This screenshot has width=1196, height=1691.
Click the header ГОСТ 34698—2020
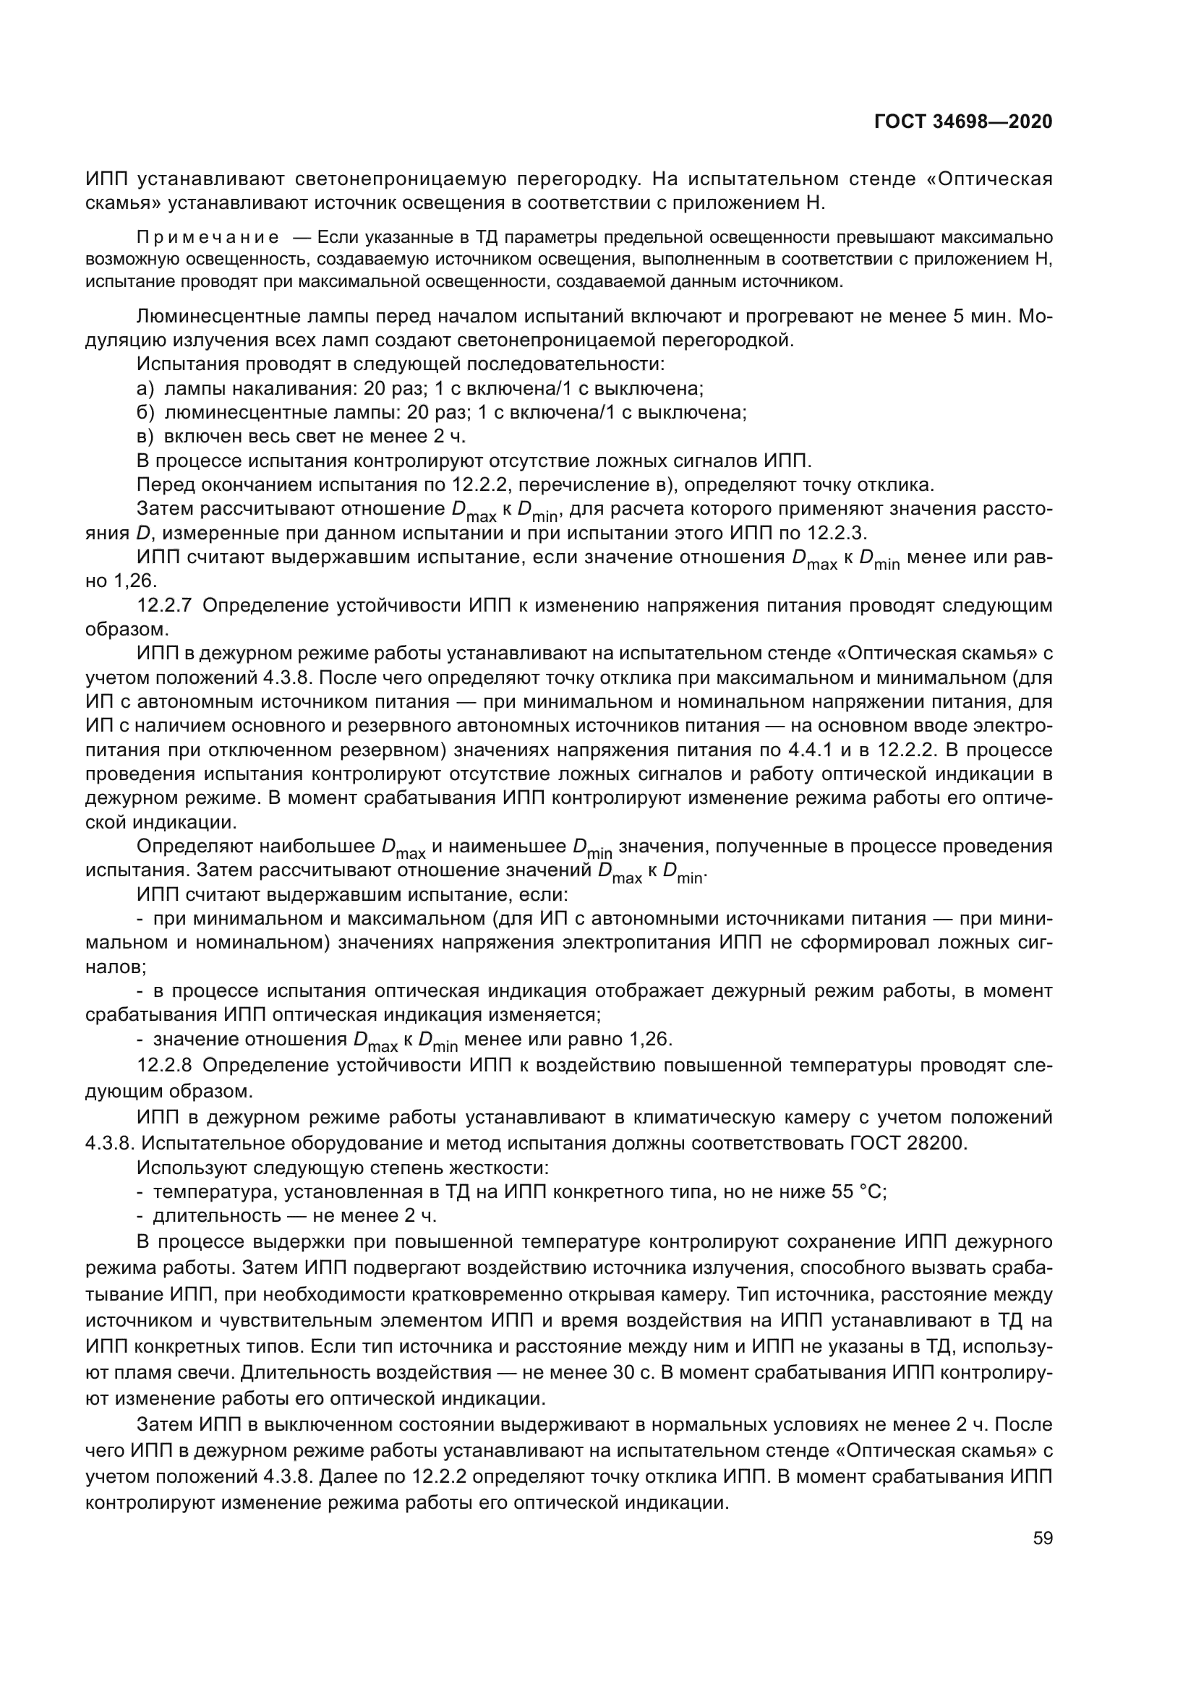click(x=962, y=121)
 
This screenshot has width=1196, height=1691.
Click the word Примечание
click(x=208, y=237)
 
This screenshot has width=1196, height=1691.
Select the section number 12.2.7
click(x=164, y=605)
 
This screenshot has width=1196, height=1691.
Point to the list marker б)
click(x=145, y=412)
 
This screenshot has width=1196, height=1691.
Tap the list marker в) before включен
click(x=145, y=437)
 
